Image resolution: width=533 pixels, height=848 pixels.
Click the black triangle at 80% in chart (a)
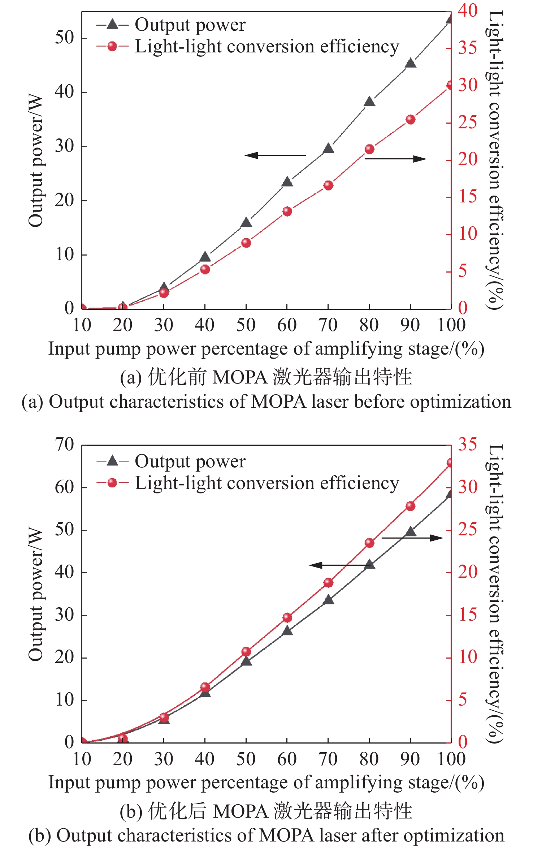point(369,102)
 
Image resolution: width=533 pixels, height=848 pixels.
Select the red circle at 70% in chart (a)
point(328,185)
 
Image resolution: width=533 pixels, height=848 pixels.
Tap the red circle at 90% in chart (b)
point(410,506)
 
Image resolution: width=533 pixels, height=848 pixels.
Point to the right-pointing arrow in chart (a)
point(396,159)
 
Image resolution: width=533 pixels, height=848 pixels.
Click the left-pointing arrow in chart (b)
point(339,565)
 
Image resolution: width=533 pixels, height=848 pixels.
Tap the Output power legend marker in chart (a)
point(112,25)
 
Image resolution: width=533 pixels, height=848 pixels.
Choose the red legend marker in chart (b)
point(112,483)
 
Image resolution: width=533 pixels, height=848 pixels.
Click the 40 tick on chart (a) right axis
point(468,10)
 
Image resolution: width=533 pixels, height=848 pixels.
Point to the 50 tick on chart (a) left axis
point(64,38)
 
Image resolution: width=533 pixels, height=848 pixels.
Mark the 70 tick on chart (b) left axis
point(64,445)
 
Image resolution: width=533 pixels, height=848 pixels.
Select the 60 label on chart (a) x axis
point(287,325)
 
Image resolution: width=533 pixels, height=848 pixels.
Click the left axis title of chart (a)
point(36,161)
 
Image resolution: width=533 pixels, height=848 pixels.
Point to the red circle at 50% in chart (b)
point(246,652)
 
